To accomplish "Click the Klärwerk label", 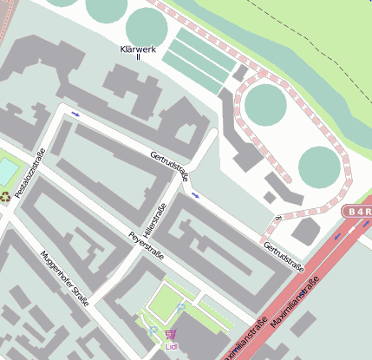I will tap(139, 49).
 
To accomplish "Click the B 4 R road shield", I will tap(356, 211).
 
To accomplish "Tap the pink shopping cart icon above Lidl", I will tap(171, 334).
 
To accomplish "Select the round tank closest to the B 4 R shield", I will tap(318, 166).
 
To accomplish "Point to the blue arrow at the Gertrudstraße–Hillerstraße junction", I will tap(194, 195).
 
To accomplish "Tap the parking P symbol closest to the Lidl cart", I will tap(153, 330).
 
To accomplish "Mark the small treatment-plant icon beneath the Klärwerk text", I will tap(139, 58).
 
